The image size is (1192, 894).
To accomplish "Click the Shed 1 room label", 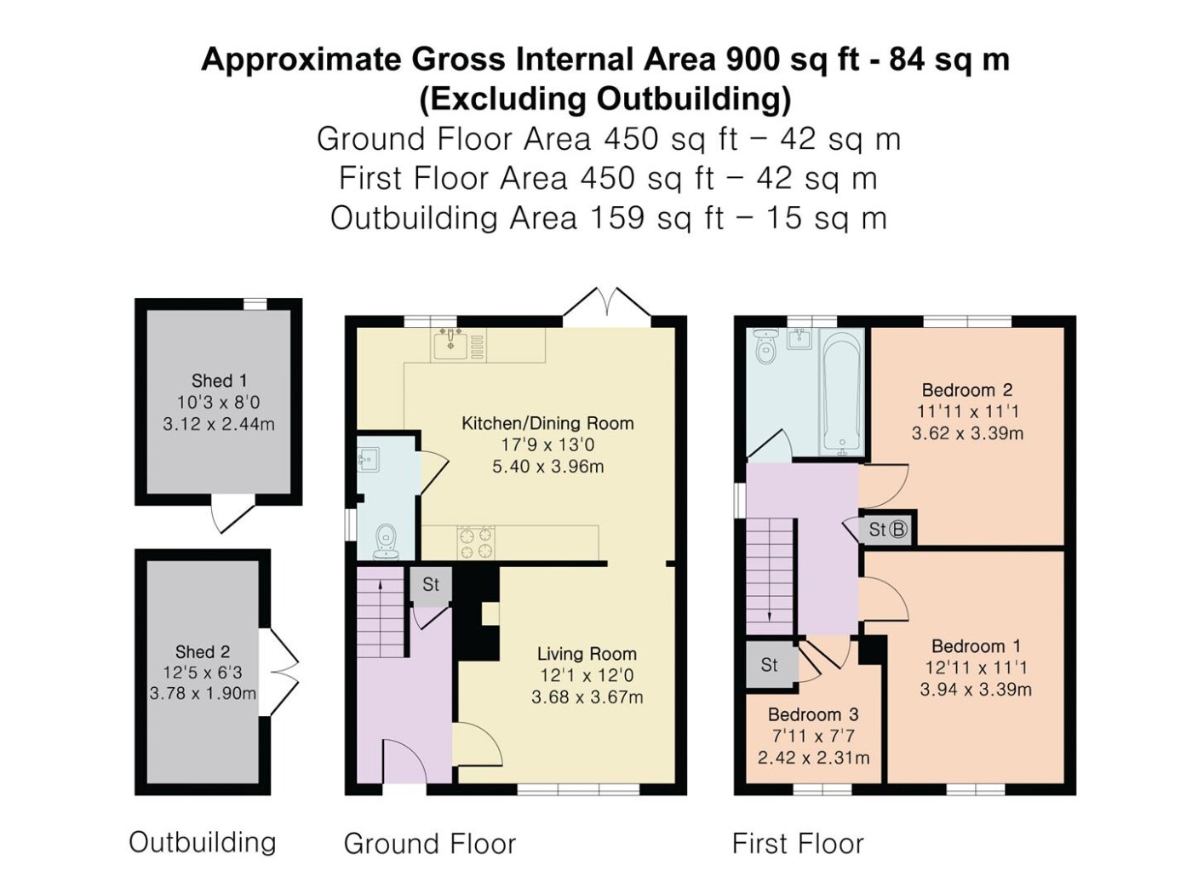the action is coord(218,381).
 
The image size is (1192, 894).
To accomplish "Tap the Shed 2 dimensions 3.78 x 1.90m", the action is coord(203,694).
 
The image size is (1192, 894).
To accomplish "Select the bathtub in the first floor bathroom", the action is coord(841,392).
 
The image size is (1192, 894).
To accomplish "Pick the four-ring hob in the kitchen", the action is coord(477,542).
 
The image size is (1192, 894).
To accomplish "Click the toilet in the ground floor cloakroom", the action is coord(387,542).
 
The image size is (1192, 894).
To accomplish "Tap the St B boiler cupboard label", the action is coord(888,529).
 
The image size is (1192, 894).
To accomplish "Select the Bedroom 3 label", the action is coord(813,714).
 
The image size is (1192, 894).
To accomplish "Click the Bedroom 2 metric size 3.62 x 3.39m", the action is coord(967,433).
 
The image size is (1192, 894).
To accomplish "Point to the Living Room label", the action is coord(587,654).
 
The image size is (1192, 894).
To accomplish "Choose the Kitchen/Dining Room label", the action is coord(547,423).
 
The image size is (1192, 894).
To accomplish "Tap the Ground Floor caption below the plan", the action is coord(430,844).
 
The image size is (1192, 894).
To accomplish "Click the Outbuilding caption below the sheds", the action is coord(203,842).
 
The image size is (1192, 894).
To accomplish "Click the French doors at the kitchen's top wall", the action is coord(606,307).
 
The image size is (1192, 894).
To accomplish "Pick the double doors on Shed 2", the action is coord(279,672).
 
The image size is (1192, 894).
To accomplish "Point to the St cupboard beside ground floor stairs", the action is coord(431,584).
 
